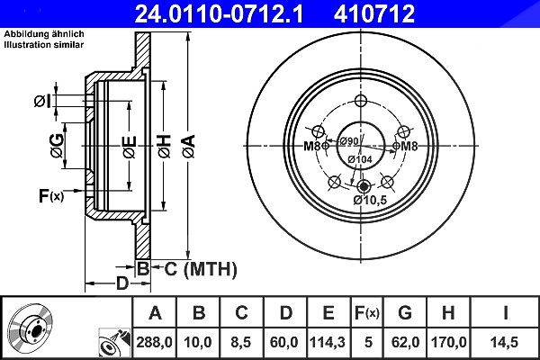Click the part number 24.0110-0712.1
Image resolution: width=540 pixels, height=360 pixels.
coord(219,13)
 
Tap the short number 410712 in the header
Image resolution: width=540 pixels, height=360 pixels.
coord(374,13)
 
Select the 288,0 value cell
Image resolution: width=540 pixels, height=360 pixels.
coord(154,342)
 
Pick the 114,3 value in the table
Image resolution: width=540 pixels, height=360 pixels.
coord(328,342)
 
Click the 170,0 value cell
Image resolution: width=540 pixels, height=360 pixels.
coord(448,342)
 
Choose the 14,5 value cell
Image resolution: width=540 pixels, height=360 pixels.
coord(505,342)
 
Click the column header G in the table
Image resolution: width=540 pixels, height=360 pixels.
coord(405,312)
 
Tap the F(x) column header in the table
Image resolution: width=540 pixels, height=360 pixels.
coord(367,313)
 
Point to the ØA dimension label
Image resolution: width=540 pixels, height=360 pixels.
coord(189,147)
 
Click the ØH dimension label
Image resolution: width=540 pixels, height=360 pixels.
coord(165,147)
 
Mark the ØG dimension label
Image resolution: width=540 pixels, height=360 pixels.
coord(58,146)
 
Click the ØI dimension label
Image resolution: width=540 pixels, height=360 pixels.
coord(42,102)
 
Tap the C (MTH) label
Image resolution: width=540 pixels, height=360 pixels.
coord(201,269)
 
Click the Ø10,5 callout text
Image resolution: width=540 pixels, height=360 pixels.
coord(370,200)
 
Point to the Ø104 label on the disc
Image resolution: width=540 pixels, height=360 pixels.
coord(360,159)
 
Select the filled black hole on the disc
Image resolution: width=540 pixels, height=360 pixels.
coord(364,186)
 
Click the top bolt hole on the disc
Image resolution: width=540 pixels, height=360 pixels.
coord(361,101)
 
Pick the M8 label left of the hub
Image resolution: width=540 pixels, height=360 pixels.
coord(312,147)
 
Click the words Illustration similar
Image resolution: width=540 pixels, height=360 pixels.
coord(44,44)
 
